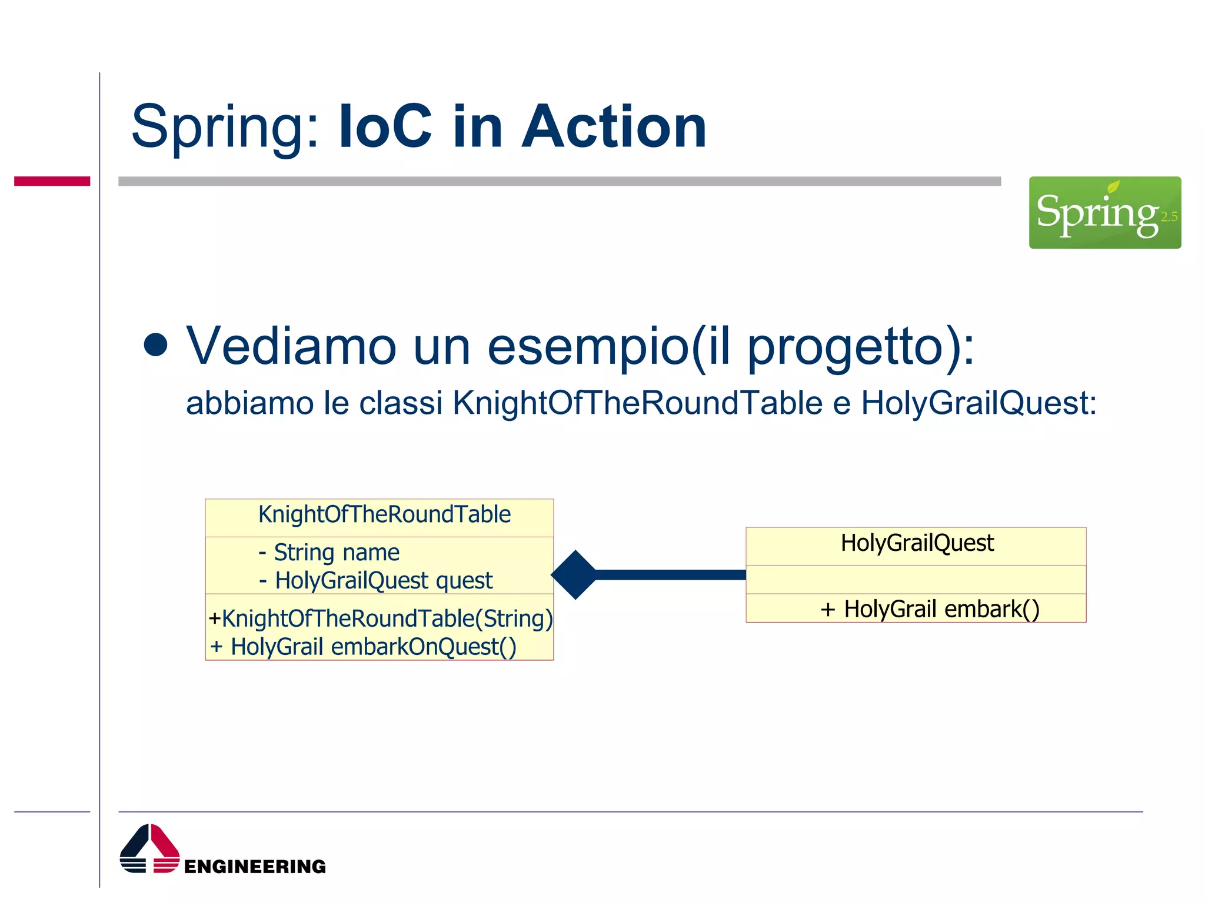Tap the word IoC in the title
pos(386,127)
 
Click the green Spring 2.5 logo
pos(1104,212)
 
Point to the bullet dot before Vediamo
pos(156,345)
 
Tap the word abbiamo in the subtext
pos(249,404)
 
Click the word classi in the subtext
pos(401,404)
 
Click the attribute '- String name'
pos(329,553)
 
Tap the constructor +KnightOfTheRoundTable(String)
pos(381,618)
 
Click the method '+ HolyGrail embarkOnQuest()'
pos(364,647)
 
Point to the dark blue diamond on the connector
pos(575,575)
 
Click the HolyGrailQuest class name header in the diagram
pos(917,543)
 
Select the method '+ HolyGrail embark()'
pos(930,609)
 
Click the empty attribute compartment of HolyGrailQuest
pos(916,580)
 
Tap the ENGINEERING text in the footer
pos(255,867)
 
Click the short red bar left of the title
pos(52,181)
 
